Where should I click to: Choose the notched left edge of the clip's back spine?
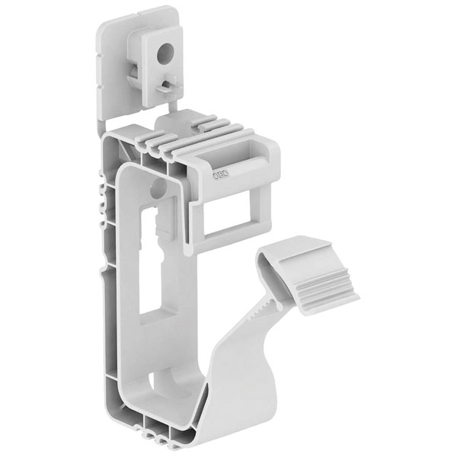click(98, 206)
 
